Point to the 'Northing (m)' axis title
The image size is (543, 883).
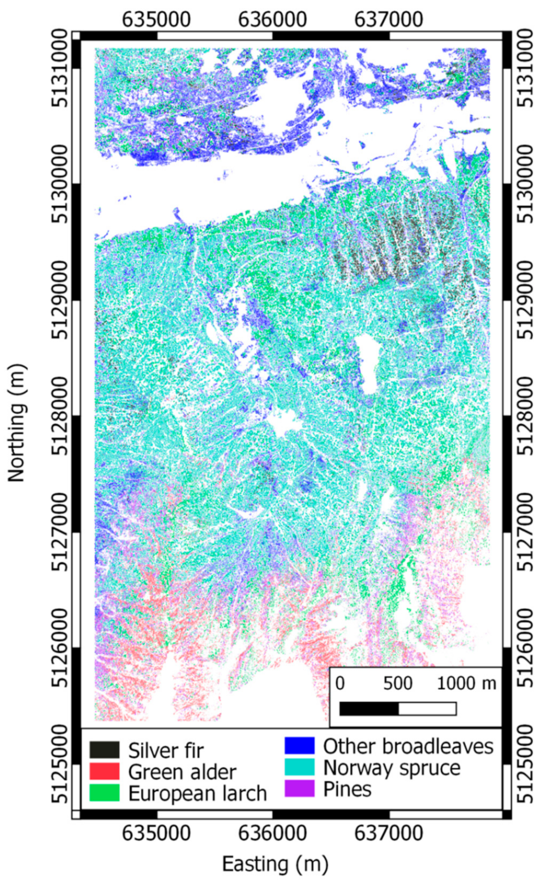pos(16,423)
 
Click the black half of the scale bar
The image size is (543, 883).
pos(369,699)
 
